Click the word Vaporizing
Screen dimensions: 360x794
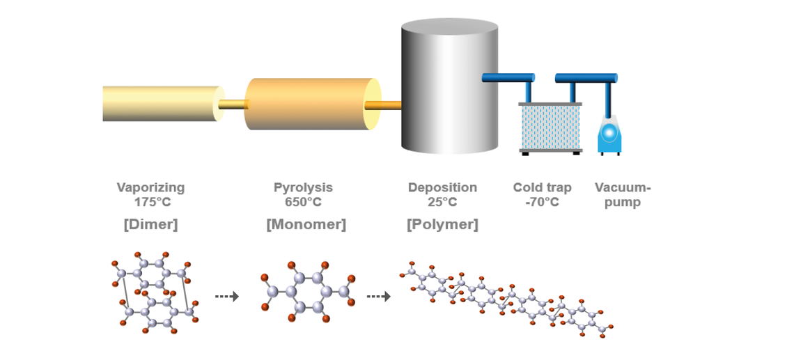pos(150,187)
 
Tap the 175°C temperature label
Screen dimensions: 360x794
pos(153,203)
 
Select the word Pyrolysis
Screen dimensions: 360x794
pos(303,187)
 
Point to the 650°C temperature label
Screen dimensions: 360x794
pos(303,203)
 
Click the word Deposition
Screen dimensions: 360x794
pos(442,187)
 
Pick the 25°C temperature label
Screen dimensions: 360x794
pos(442,203)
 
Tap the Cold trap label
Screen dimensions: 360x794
pos(542,187)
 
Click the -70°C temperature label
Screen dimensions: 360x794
pos(542,203)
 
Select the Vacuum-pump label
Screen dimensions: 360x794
pos(622,195)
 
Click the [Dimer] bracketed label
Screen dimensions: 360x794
pos(150,224)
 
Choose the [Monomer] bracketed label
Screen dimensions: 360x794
pos(306,224)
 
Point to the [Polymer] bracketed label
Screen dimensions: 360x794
pos(442,224)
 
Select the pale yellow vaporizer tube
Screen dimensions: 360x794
pos(160,104)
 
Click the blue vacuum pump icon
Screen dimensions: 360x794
pos(609,134)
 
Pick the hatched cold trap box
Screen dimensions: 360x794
pos(550,127)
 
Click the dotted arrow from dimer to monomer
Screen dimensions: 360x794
pos(226,297)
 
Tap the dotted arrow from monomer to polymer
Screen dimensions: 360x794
pos(378,297)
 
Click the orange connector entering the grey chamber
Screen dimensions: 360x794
pos(384,105)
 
